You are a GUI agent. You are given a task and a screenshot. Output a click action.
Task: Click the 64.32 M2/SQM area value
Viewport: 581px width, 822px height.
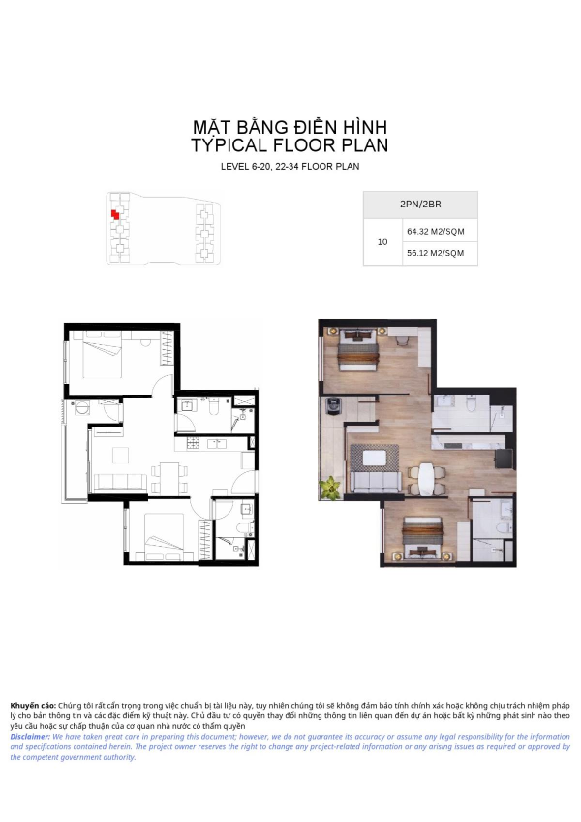[436, 231]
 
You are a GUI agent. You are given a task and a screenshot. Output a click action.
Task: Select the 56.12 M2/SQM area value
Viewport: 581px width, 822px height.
[436, 253]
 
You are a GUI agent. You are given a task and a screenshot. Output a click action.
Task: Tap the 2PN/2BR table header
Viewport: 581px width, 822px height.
[420, 205]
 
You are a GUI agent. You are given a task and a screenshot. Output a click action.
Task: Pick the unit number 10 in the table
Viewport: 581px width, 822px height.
[382, 242]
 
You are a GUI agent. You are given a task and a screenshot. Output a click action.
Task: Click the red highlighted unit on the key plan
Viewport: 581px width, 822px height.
[115, 214]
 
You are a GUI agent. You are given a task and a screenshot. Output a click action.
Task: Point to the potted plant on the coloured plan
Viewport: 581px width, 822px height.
[330, 488]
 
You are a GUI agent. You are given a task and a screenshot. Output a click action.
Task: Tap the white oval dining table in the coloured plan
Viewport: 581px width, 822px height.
[426, 479]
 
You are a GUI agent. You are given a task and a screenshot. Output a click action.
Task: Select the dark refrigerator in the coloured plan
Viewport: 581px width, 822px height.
[504, 458]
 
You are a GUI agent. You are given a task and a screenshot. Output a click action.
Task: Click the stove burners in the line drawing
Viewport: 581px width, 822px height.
[194, 444]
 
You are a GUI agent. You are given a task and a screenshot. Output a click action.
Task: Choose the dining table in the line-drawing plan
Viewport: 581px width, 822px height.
[169, 478]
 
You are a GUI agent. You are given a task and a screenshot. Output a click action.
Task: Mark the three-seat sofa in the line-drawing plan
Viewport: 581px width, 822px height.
[119, 482]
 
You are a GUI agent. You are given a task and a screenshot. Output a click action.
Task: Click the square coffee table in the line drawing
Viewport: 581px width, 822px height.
[120, 455]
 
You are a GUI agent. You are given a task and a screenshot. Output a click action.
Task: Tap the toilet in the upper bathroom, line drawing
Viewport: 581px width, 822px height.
[213, 406]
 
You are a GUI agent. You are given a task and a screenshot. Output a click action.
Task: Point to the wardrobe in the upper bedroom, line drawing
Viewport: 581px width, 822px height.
[167, 348]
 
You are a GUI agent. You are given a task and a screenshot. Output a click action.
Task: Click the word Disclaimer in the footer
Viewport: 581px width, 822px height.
[30, 737]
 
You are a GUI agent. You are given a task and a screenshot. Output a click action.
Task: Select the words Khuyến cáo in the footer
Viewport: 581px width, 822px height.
[33, 706]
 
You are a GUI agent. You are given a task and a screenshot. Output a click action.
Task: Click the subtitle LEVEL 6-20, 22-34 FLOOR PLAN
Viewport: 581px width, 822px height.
[290, 167]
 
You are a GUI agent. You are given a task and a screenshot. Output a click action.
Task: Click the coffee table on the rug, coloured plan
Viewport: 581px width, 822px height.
[375, 458]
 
